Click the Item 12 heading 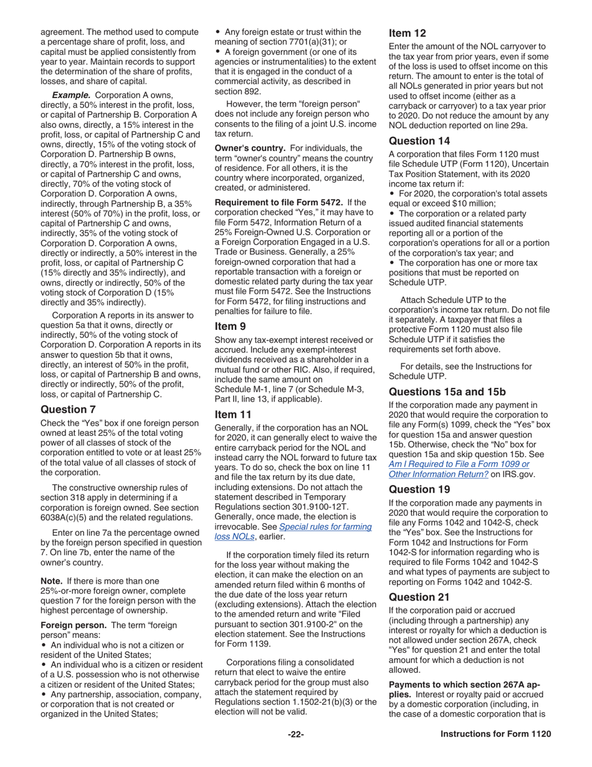click(x=407, y=33)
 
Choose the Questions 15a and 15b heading click(x=447, y=392)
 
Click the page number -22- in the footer click(x=295, y=734)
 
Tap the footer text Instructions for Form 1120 click(x=495, y=734)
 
